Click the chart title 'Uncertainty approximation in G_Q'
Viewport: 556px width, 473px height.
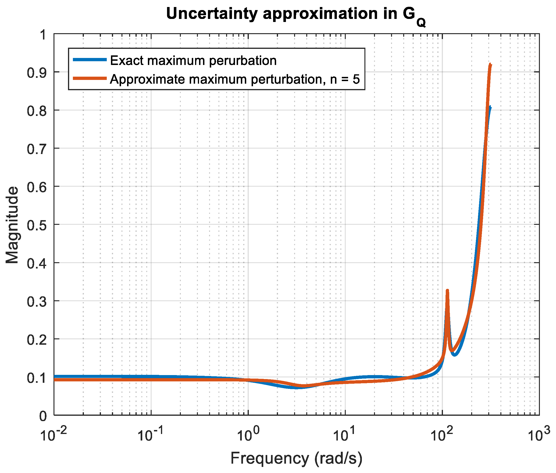point(296,15)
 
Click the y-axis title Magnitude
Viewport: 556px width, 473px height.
point(12,225)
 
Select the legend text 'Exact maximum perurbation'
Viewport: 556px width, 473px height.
point(193,61)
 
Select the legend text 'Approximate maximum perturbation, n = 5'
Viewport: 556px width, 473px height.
point(235,79)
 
